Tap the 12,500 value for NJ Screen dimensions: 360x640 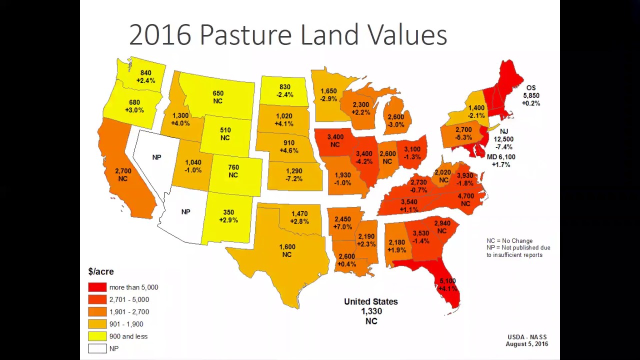tap(503, 139)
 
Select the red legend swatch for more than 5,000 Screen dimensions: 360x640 tap(97, 287)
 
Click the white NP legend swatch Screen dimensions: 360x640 tap(97, 348)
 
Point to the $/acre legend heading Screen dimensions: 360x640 tap(101, 271)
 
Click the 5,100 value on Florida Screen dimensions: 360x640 tap(447, 281)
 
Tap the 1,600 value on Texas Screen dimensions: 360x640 tap(286, 247)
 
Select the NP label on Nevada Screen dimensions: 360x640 tap(156, 157)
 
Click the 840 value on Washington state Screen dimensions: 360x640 tap(145, 73)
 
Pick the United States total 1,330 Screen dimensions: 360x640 tap(371, 311)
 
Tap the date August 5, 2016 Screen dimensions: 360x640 tap(526, 344)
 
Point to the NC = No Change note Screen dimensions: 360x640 tap(509, 240)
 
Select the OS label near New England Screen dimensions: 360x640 tap(531, 88)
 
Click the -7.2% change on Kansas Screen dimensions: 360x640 tap(294, 179)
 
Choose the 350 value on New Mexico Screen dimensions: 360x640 tap(228, 212)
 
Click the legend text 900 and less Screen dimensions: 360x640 tap(128, 336)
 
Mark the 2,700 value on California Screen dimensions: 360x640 tap(123, 171)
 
